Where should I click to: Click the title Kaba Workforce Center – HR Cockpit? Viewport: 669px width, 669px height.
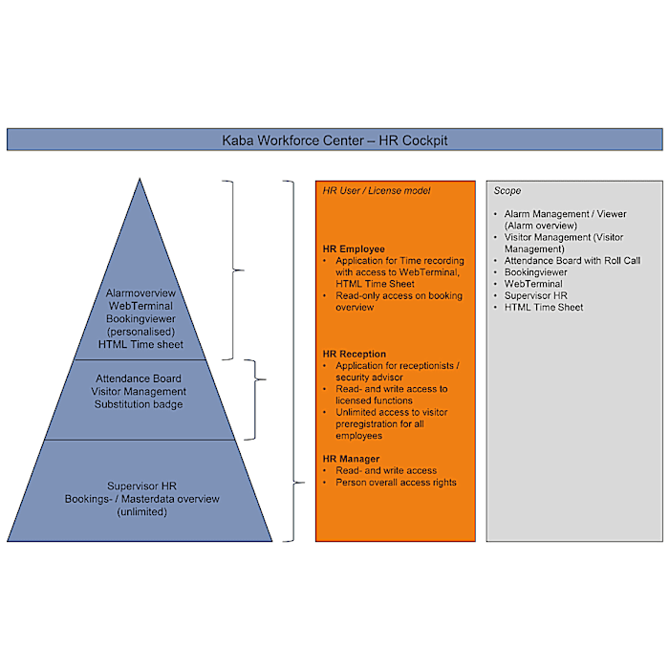334,140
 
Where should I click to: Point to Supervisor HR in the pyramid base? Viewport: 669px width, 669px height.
141,486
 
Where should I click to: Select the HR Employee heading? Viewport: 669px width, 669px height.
354,248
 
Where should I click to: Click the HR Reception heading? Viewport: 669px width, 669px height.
355,355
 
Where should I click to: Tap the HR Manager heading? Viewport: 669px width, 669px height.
352,460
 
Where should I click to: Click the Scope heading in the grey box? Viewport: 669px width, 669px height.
507,191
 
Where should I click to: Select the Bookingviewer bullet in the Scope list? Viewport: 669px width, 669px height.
536,272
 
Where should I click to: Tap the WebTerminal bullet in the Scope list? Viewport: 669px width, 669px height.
533,284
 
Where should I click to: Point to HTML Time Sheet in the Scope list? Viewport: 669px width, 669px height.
544,307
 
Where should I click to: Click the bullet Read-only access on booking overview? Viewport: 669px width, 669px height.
398,301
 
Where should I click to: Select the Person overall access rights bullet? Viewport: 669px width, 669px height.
396,483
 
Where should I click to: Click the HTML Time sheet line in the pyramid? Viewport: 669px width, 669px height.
140,344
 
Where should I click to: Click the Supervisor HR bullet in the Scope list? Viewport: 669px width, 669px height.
536,295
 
